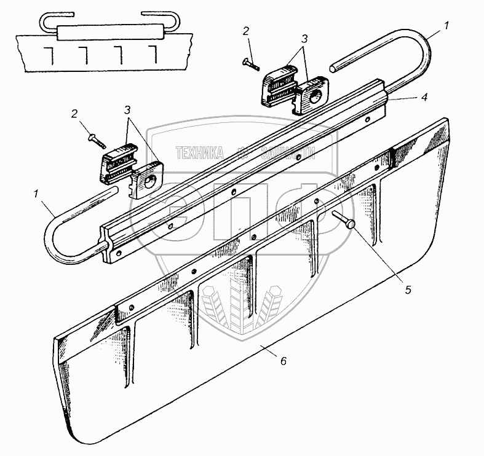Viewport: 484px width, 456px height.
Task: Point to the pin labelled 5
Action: [343, 219]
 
